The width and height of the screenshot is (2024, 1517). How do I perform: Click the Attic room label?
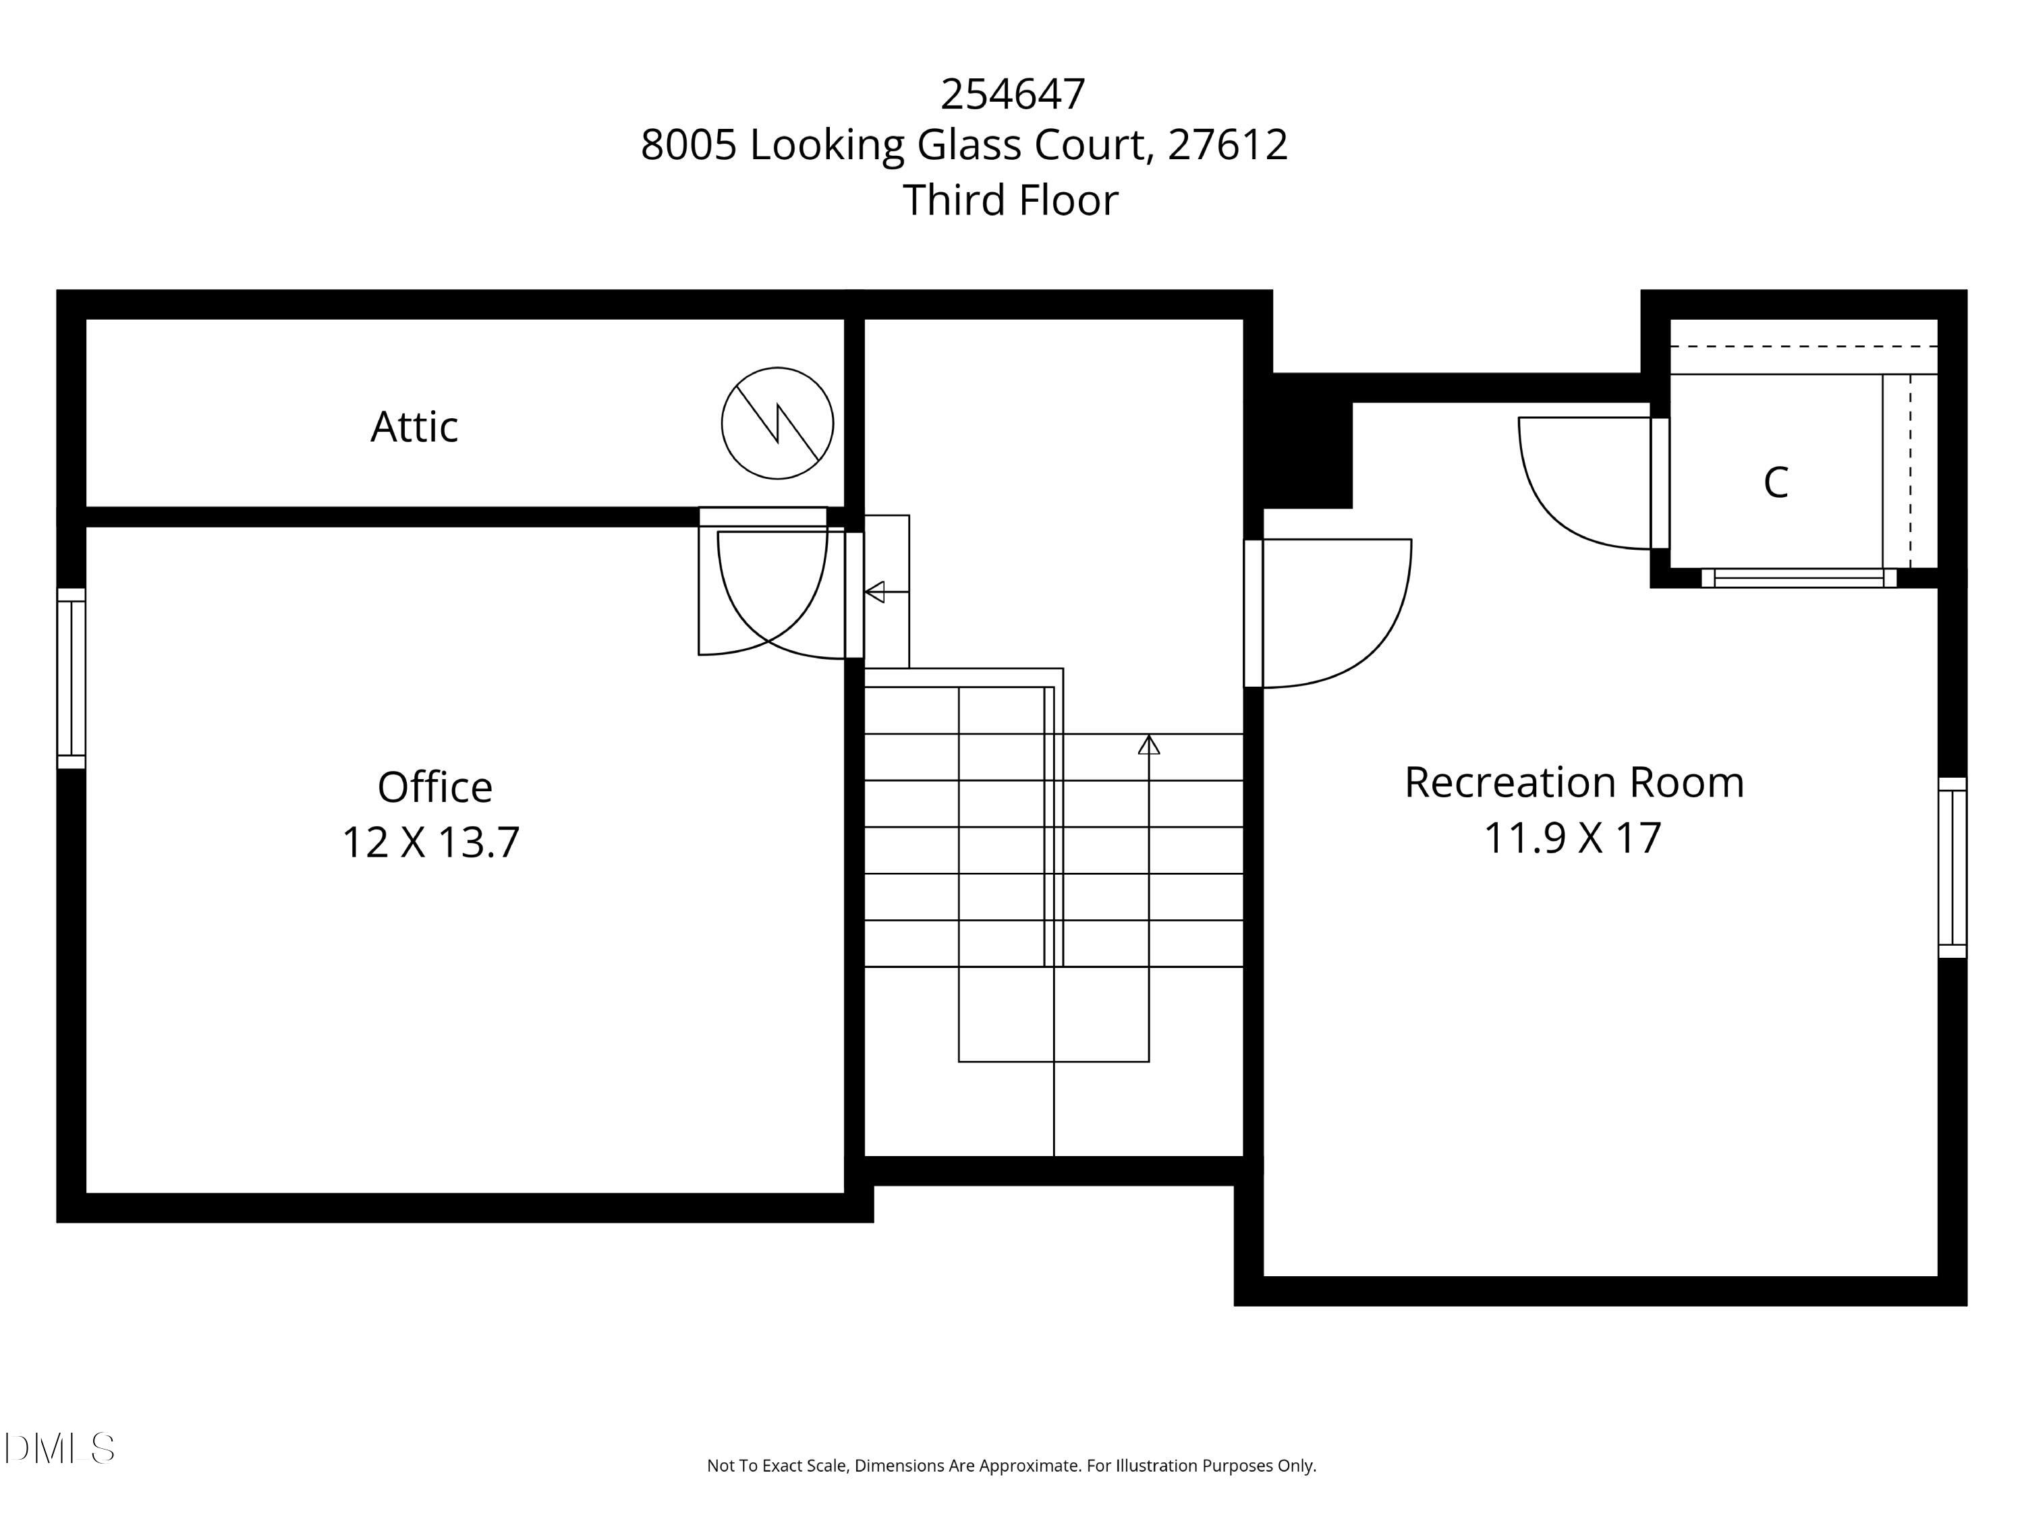click(414, 426)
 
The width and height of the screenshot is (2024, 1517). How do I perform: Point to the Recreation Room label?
click(1574, 782)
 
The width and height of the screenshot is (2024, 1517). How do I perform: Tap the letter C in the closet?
click(1775, 482)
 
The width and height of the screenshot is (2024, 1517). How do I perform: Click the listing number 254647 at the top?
click(1012, 93)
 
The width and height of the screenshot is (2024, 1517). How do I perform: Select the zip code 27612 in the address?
click(1227, 144)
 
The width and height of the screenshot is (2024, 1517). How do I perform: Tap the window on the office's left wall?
click(72, 678)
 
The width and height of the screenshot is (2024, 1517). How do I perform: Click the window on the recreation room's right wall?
click(1952, 867)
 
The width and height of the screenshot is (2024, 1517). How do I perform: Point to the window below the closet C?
click(1798, 577)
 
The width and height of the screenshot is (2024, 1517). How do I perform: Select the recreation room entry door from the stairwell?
click(1253, 613)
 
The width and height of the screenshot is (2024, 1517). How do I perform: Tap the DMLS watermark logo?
click(59, 1448)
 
